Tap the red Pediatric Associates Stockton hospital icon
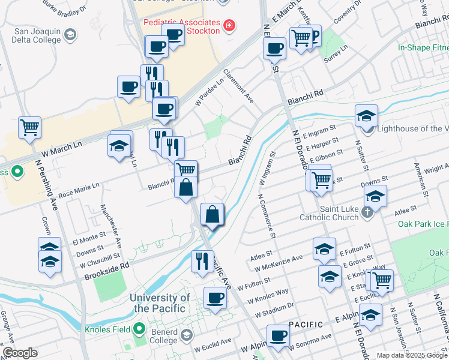pyautogui.click(x=228, y=25)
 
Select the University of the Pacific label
pyautogui.click(x=160, y=303)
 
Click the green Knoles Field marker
pyautogui.click(x=140, y=328)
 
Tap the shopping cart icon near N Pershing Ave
pyautogui.click(x=29, y=127)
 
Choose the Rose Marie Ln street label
pyautogui.click(x=79, y=190)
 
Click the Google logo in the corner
pyautogui.click(x=20, y=353)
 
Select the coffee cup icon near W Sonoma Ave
pyautogui.click(x=277, y=337)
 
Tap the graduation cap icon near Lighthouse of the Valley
pyautogui.click(x=366, y=115)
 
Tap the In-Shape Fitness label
pyautogui.click(x=423, y=47)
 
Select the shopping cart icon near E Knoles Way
pyautogui.click(x=381, y=279)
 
